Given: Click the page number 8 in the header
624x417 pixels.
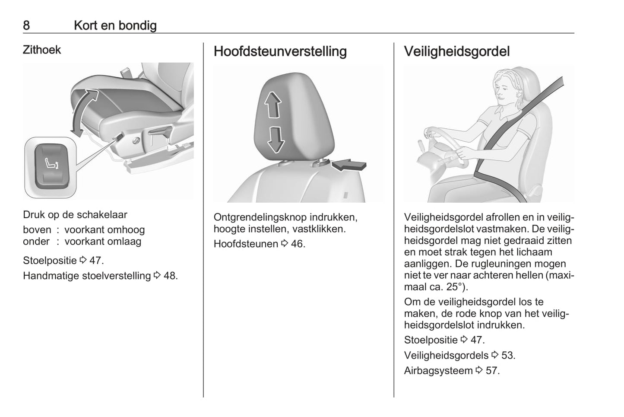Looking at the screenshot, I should pos(26,25).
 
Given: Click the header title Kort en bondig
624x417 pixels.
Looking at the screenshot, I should pos(115,25).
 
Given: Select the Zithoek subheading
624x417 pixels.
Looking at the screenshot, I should pos(42,50).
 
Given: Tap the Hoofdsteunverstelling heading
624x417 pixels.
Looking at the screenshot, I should pos(280,51).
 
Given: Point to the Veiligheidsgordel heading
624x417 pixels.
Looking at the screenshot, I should pos(456,51).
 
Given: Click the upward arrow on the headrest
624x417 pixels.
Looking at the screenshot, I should pos(272,105).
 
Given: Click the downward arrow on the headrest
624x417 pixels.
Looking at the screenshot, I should pos(275,139).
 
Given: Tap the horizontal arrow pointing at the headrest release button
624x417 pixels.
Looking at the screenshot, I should pos(350,164).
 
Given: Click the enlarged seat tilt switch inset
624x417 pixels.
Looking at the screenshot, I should pos(51,167).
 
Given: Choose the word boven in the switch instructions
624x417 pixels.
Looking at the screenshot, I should pos(37,230).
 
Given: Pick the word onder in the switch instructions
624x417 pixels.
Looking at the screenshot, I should pos(36,242).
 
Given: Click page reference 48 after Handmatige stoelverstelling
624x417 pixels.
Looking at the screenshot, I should pos(170,276).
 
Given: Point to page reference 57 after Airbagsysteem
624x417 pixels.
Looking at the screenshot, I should pos(492,371).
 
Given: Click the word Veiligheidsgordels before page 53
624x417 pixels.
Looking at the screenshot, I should pos(446,355).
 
